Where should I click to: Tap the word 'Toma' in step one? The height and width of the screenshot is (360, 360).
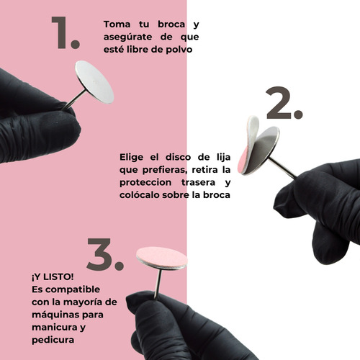[117, 24]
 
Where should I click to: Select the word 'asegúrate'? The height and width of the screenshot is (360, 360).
[127, 37]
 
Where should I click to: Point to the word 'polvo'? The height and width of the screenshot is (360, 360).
[179, 50]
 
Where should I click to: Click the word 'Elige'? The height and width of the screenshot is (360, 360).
[132, 158]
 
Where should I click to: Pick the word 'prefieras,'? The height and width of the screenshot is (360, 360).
[165, 170]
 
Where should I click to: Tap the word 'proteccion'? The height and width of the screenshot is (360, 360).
[145, 183]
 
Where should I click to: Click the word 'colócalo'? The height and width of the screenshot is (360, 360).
[139, 194]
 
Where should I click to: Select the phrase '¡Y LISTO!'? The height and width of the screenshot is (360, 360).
[53, 277]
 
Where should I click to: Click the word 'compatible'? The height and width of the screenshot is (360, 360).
[73, 289]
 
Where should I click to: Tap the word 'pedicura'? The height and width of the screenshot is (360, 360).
[53, 340]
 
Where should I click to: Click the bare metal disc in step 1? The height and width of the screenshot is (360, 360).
[94, 82]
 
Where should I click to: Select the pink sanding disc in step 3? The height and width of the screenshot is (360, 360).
[162, 258]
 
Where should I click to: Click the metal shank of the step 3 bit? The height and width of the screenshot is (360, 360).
[158, 284]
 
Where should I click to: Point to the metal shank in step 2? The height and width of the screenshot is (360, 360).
[282, 168]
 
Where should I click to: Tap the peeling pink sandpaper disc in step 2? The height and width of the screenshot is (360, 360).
[249, 144]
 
